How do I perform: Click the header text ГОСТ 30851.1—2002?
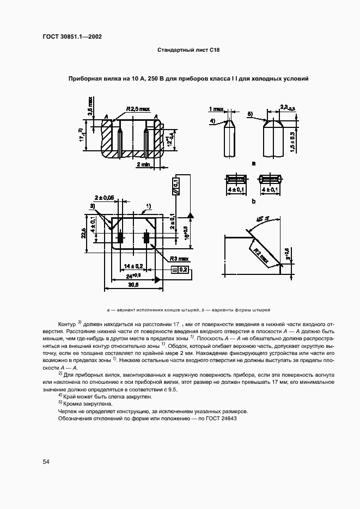click(x=72, y=37)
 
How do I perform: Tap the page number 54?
click(x=46, y=462)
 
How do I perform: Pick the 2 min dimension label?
click(x=144, y=164)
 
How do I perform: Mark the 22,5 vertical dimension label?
click(x=83, y=232)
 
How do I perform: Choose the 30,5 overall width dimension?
click(x=133, y=285)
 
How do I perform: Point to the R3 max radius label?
click(x=179, y=259)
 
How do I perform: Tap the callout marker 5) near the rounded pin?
click(x=250, y=113)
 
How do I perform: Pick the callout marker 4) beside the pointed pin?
click(x=213, y=120)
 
